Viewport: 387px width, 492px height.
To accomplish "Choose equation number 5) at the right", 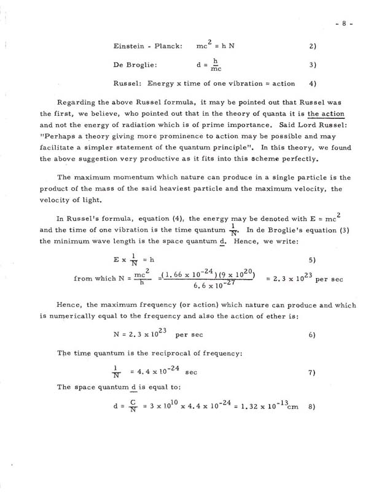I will point(312,242).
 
